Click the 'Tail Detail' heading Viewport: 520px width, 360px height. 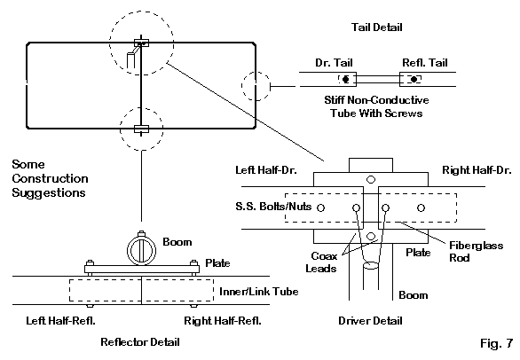coord(377,27)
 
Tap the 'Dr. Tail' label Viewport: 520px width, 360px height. coord(334,63)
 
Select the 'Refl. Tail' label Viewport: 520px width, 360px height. coord(425,63)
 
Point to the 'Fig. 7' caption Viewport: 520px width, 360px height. coord(496,343)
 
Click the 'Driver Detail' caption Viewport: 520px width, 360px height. coord(370,321)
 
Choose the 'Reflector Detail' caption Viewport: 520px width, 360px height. coord(140,341)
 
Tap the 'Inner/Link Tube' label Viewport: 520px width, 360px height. coord(259,292)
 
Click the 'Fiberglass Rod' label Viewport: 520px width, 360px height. coord(476,252)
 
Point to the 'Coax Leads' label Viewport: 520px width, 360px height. coord(321,262)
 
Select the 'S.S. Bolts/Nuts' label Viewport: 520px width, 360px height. coord(273,207)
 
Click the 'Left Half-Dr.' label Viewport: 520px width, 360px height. coord(266,170)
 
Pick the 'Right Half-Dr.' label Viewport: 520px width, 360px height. coord(477,170)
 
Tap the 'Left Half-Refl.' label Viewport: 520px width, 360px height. coord(60,321)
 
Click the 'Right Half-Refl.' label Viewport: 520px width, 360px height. coord(223,321)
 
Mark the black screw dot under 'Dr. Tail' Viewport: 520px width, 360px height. coord(346,79)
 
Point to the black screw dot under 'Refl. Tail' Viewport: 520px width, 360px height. coord(414,79)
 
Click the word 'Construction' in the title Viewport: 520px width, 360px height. coord(50,179)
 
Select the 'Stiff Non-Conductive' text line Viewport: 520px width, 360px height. coord(376,100)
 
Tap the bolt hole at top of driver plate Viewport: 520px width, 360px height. coord(371,180)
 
